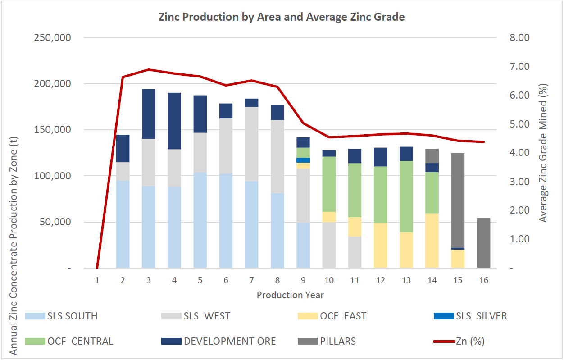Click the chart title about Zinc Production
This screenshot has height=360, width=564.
[282, 17]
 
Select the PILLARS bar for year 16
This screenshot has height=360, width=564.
[483, 243]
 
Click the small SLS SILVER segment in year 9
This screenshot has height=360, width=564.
[303, 160]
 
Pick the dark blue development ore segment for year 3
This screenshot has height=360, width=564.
[149, 114]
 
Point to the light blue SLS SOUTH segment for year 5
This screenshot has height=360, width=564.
[200, 220]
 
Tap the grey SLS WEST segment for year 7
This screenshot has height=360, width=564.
[252, 144]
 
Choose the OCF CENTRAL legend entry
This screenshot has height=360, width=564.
[70, 341]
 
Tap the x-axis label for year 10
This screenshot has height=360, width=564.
[329, 280]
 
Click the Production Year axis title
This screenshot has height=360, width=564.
[290, 295]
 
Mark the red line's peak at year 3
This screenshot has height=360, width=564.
[149, 69]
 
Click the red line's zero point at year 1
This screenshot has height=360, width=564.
[97, 268]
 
